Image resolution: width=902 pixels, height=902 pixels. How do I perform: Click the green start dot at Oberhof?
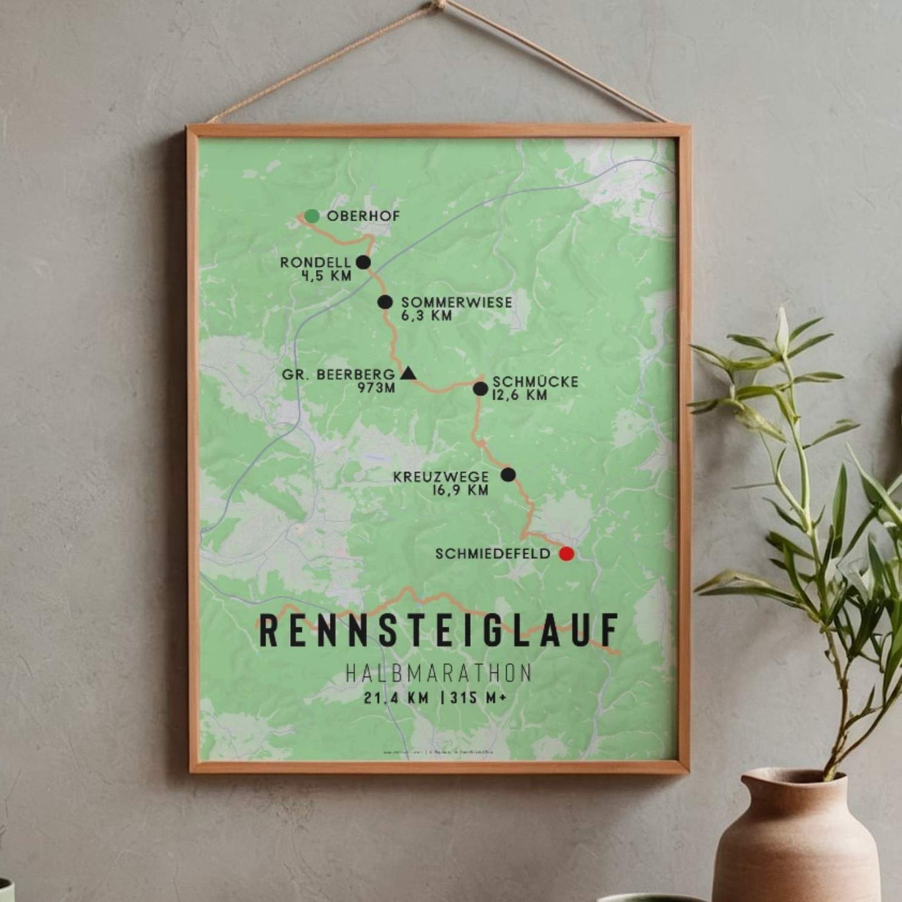[312, 216]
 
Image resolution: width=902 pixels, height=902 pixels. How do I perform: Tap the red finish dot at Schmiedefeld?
[566, 554]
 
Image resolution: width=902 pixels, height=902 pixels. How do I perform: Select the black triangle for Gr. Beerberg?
[408, 374]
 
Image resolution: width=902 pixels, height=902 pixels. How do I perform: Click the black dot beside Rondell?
[363, 262]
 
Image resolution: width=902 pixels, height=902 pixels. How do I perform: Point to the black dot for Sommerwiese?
[385, 302]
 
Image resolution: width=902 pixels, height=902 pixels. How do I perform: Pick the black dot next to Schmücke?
[480, 389]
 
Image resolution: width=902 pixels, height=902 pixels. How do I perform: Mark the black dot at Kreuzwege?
[508, 474]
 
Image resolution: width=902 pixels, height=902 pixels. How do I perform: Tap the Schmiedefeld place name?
[493, 554]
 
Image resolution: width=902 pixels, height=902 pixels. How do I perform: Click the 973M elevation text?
[376, 388]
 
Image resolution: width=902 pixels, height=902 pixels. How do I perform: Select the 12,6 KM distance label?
[519, 395]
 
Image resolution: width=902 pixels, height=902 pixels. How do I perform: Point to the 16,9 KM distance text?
[459, 491]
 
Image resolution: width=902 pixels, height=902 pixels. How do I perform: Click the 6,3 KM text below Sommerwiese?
[426, 316]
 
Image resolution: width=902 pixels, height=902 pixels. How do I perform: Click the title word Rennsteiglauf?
[439, 630]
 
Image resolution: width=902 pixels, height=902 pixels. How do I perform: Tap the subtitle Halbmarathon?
[439, 673]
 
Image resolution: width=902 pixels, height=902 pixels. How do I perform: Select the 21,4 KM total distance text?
[397, 698]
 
